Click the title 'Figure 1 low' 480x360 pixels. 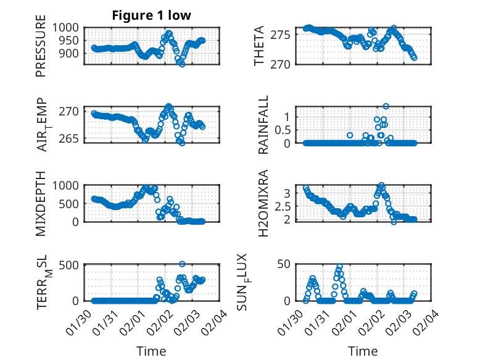[x=151, y=15]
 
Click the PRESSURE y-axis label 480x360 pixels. [x=41, y=49]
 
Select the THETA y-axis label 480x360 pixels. [x=259, y=45]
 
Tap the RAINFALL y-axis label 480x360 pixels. [x=263, y=125]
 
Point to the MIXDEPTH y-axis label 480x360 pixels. [x=41, y=203]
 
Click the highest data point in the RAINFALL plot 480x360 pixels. [x=386, y=106]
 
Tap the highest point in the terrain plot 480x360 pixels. [x=182, y=264]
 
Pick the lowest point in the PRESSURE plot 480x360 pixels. [x=182, y=64]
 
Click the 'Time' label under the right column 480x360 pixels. [x=363, y=351]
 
